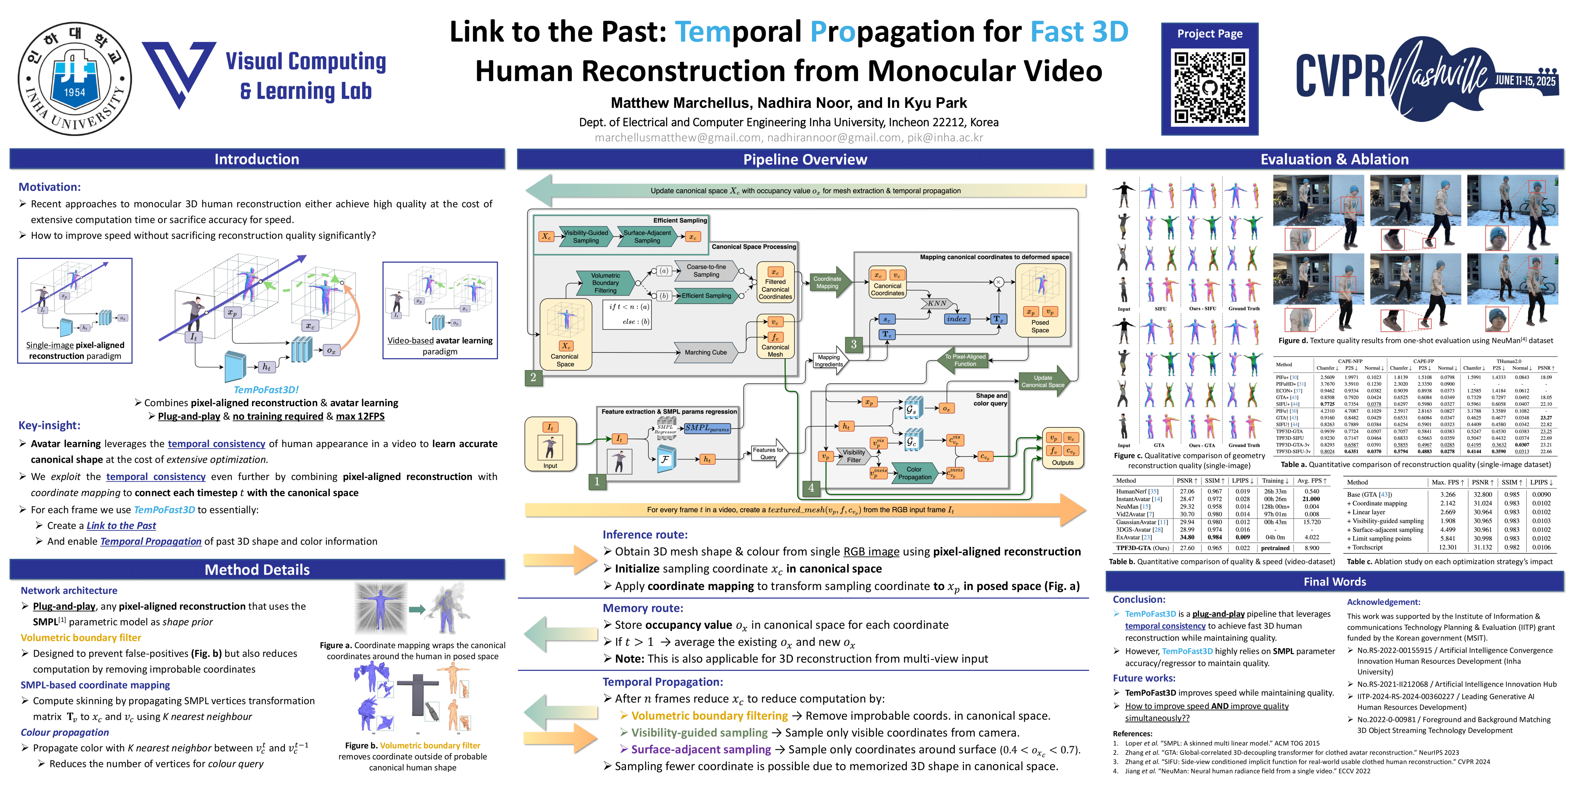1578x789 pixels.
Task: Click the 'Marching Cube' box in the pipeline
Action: [706, 352]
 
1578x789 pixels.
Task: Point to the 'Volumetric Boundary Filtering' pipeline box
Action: [605, 283]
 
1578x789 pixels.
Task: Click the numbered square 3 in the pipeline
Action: [853, 344]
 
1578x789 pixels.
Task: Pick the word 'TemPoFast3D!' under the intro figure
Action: [266, 390]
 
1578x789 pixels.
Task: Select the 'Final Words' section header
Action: [1334, 581]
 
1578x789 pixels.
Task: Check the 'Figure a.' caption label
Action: [336, 645]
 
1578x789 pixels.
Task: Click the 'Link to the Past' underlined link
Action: [121, 525]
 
